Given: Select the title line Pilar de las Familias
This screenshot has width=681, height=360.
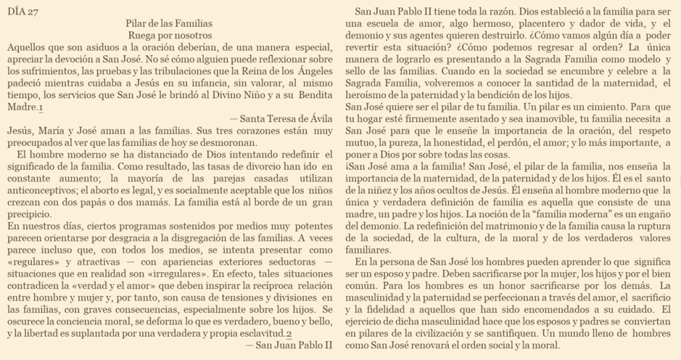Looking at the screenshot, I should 170,23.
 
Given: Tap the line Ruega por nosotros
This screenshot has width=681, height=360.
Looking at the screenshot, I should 170,35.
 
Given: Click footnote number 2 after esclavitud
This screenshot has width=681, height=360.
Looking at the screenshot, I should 289,333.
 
